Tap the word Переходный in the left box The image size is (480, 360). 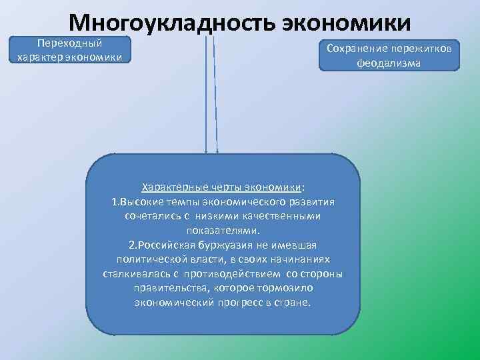[69, 43]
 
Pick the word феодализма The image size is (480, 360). [389, 64]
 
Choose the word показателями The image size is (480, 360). [223, 230]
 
